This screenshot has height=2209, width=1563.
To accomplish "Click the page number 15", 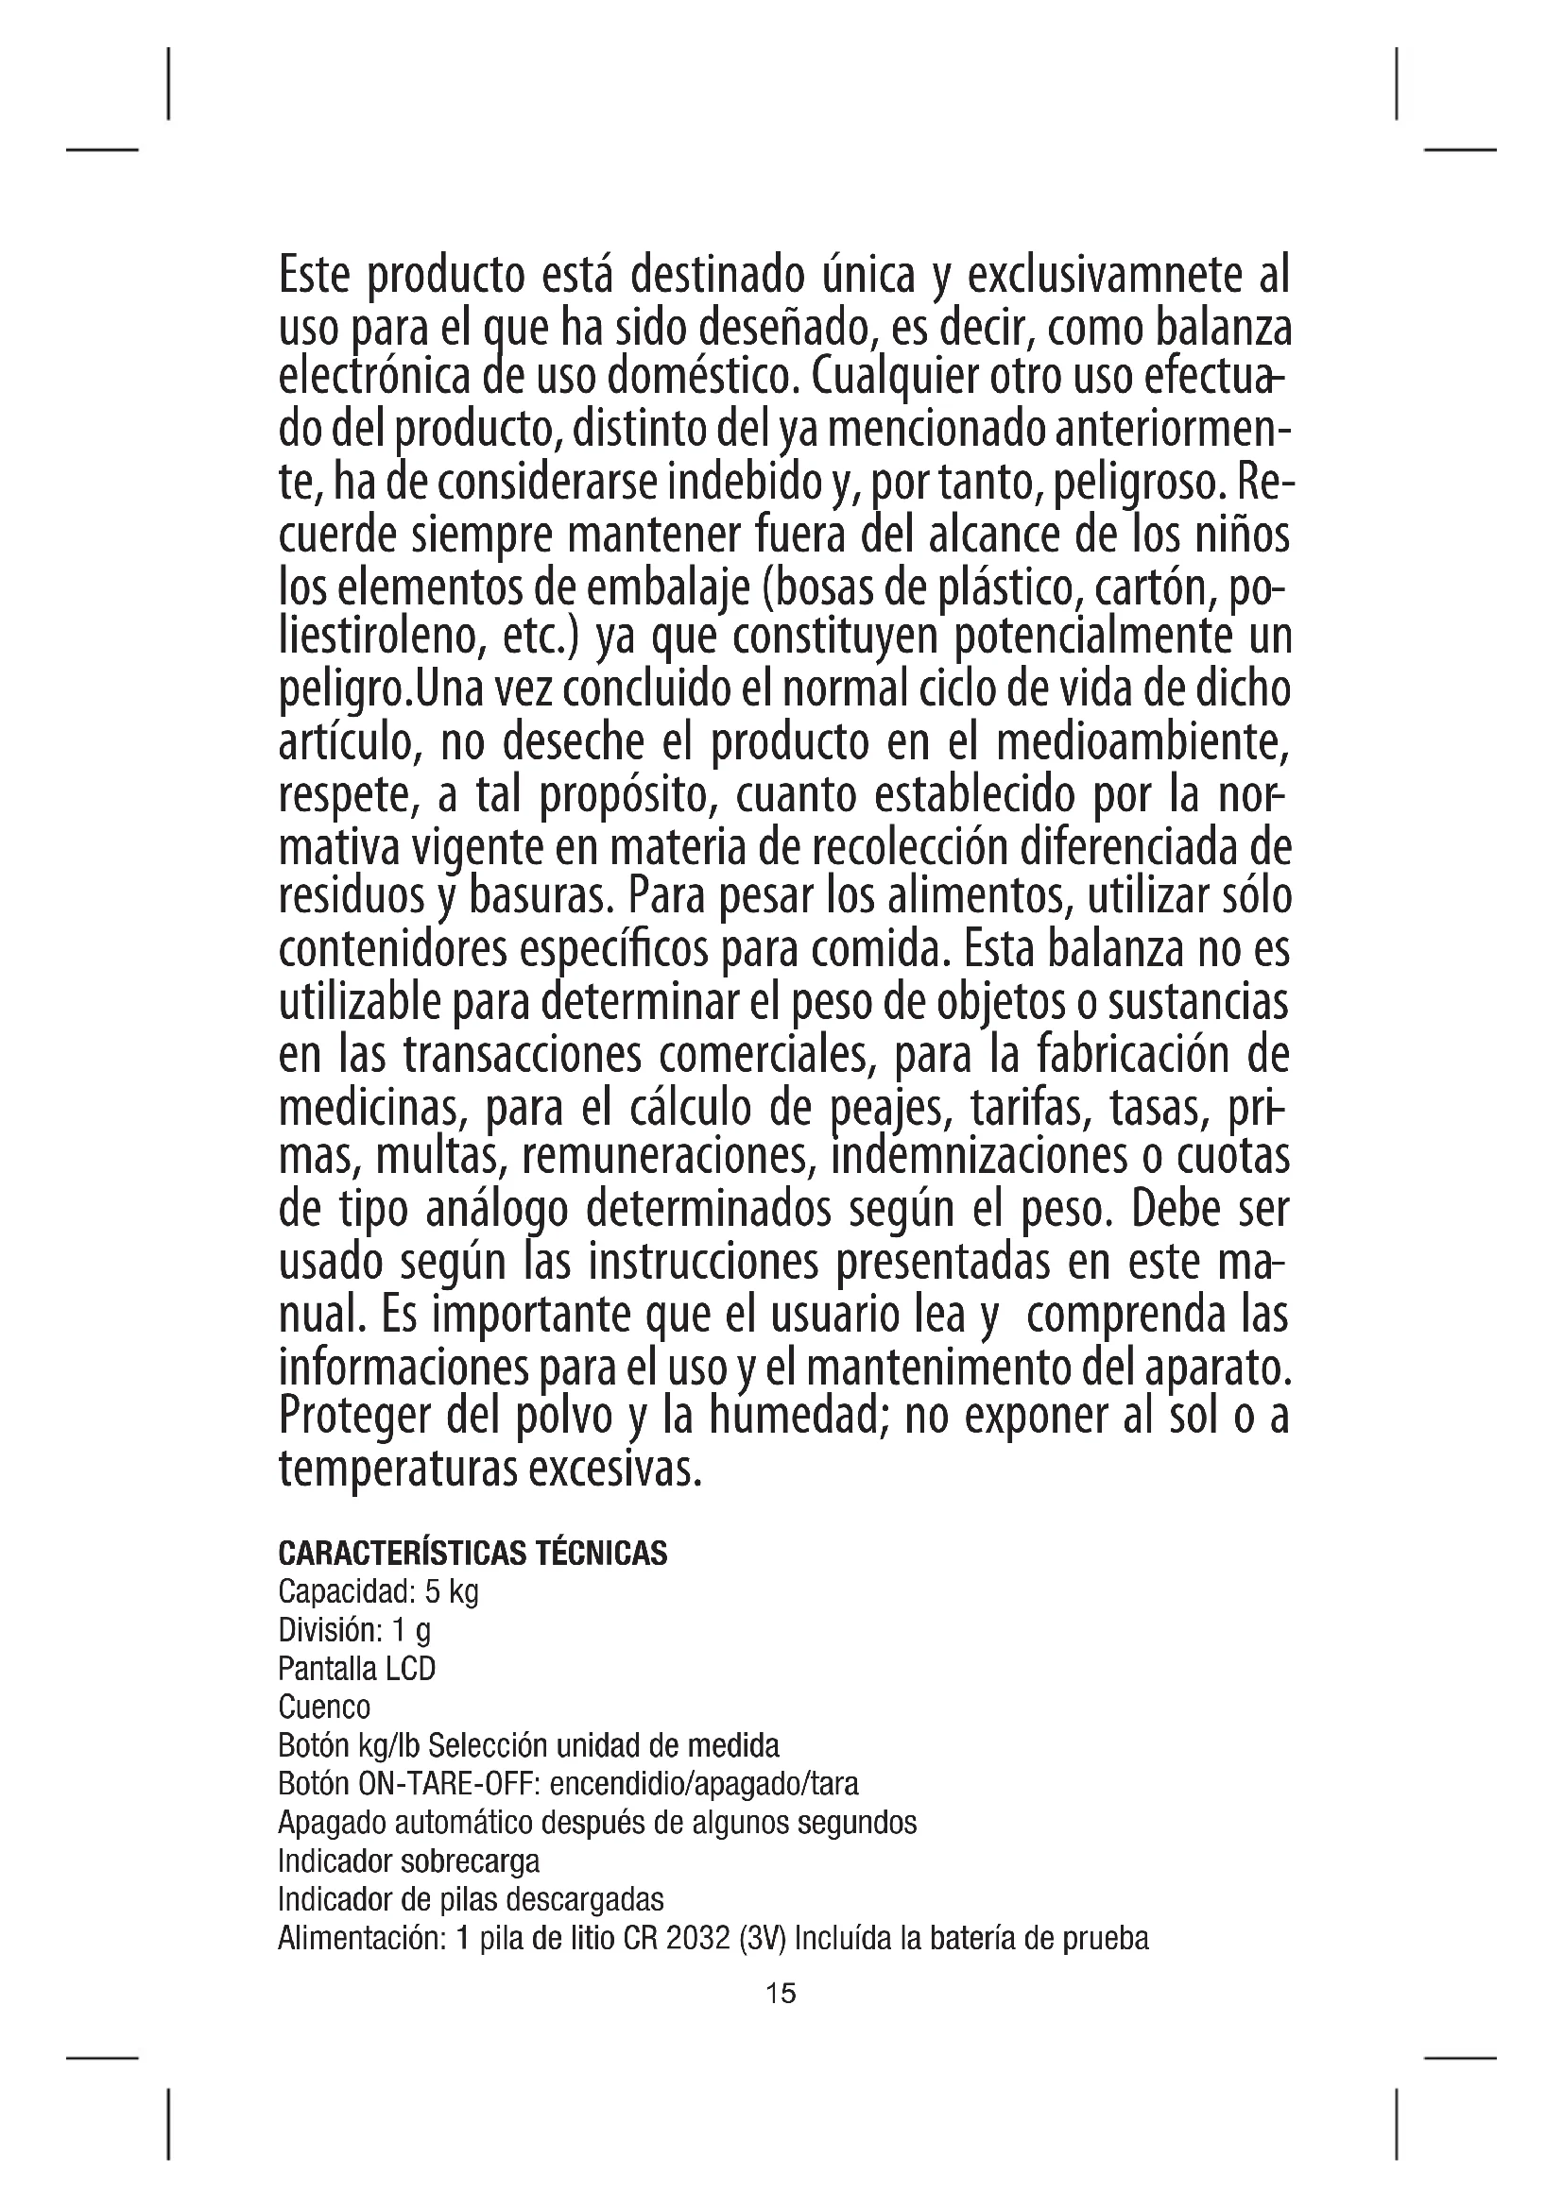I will coord(781,1994).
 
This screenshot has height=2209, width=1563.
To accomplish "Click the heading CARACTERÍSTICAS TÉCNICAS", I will coord(472,1553).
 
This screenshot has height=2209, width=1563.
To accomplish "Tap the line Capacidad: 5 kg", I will coord(377,1592).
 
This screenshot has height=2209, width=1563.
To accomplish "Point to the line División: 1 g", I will coord(354,1631).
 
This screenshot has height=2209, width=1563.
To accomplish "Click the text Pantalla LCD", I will coord(356,1668).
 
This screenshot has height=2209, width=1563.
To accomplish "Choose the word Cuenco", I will coord(323,1708).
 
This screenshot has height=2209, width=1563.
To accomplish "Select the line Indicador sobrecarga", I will coord(408,1861).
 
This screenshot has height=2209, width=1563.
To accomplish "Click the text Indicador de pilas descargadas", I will coord(471,1900).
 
